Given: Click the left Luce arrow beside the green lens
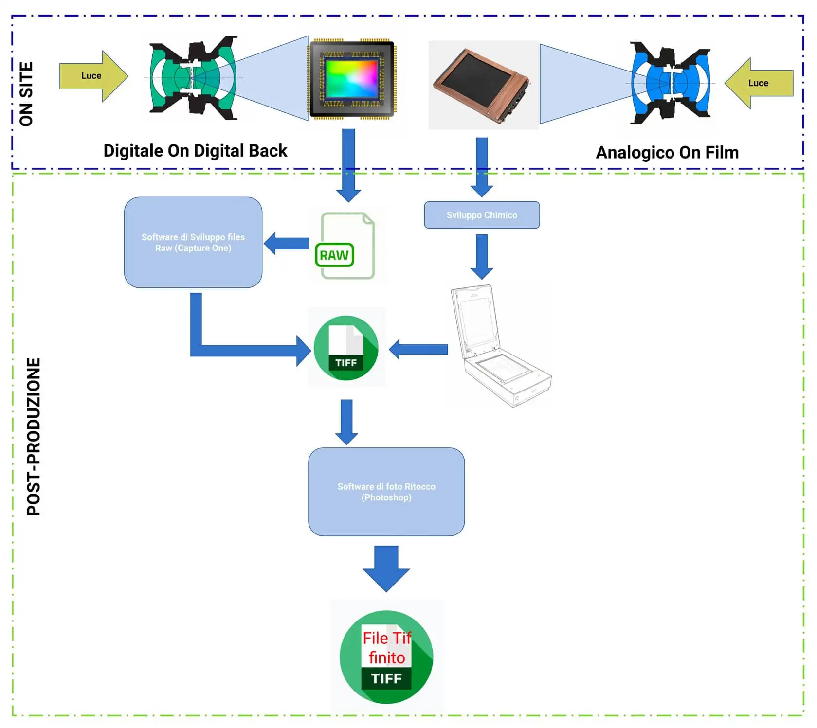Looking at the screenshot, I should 92,76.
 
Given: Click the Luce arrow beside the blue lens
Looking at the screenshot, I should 760,83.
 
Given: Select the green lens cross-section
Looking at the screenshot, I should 193,78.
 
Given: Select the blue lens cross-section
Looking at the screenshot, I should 671,83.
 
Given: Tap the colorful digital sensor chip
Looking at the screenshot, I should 352,79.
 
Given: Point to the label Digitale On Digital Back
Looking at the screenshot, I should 195,151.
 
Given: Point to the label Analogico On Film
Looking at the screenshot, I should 667,153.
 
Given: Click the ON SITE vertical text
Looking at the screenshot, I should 26,94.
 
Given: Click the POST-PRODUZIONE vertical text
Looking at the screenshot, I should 34,436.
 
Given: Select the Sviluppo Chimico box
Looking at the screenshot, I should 482,215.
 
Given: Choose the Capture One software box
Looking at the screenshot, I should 193,242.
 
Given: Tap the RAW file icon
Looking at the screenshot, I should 345,246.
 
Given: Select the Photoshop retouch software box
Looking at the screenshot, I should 386,492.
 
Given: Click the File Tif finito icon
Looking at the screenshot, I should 386,657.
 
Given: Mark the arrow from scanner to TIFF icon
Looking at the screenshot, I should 419,349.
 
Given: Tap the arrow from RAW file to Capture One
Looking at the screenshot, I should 287,243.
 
